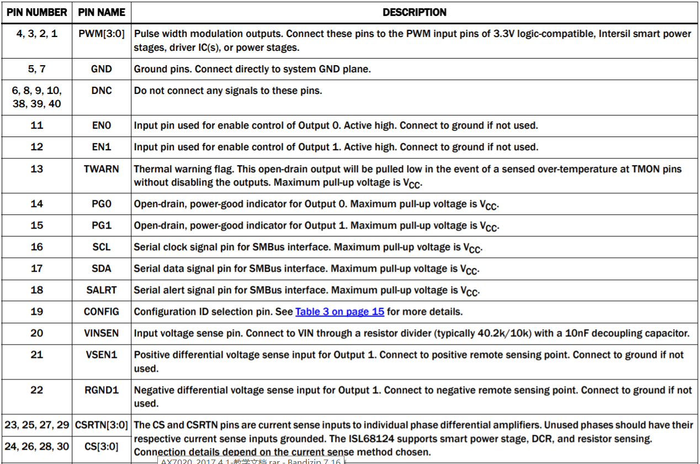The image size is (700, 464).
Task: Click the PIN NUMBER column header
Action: tap(37, 12)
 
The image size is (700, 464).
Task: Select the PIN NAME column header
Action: tap(102, 12)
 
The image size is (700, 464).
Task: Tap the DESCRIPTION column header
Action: tap(415, 12)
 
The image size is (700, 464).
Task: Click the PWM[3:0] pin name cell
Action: tap(102, 34)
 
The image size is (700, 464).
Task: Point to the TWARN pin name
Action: tap(102, 168)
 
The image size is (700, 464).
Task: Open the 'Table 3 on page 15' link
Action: tap(340, 312)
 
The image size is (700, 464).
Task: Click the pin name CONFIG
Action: tap(102, 312)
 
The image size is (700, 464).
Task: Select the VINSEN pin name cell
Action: tap(102, 333)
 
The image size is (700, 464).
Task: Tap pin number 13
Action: tap(37, 168)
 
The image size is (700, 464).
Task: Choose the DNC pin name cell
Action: tap(102, 91)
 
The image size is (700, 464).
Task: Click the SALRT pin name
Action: tap(102, 290)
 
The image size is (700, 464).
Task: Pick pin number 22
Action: tap(37, 390)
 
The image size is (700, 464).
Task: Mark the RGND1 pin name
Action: tap(102, 390)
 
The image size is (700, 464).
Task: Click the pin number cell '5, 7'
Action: tap(37, 69)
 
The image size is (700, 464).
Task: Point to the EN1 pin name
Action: tap(102, 147)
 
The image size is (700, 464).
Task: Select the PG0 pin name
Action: tap(102, 204)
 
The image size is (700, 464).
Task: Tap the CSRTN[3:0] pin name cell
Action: tap(102, 425)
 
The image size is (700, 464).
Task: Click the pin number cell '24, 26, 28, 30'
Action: tap(37, 446)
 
